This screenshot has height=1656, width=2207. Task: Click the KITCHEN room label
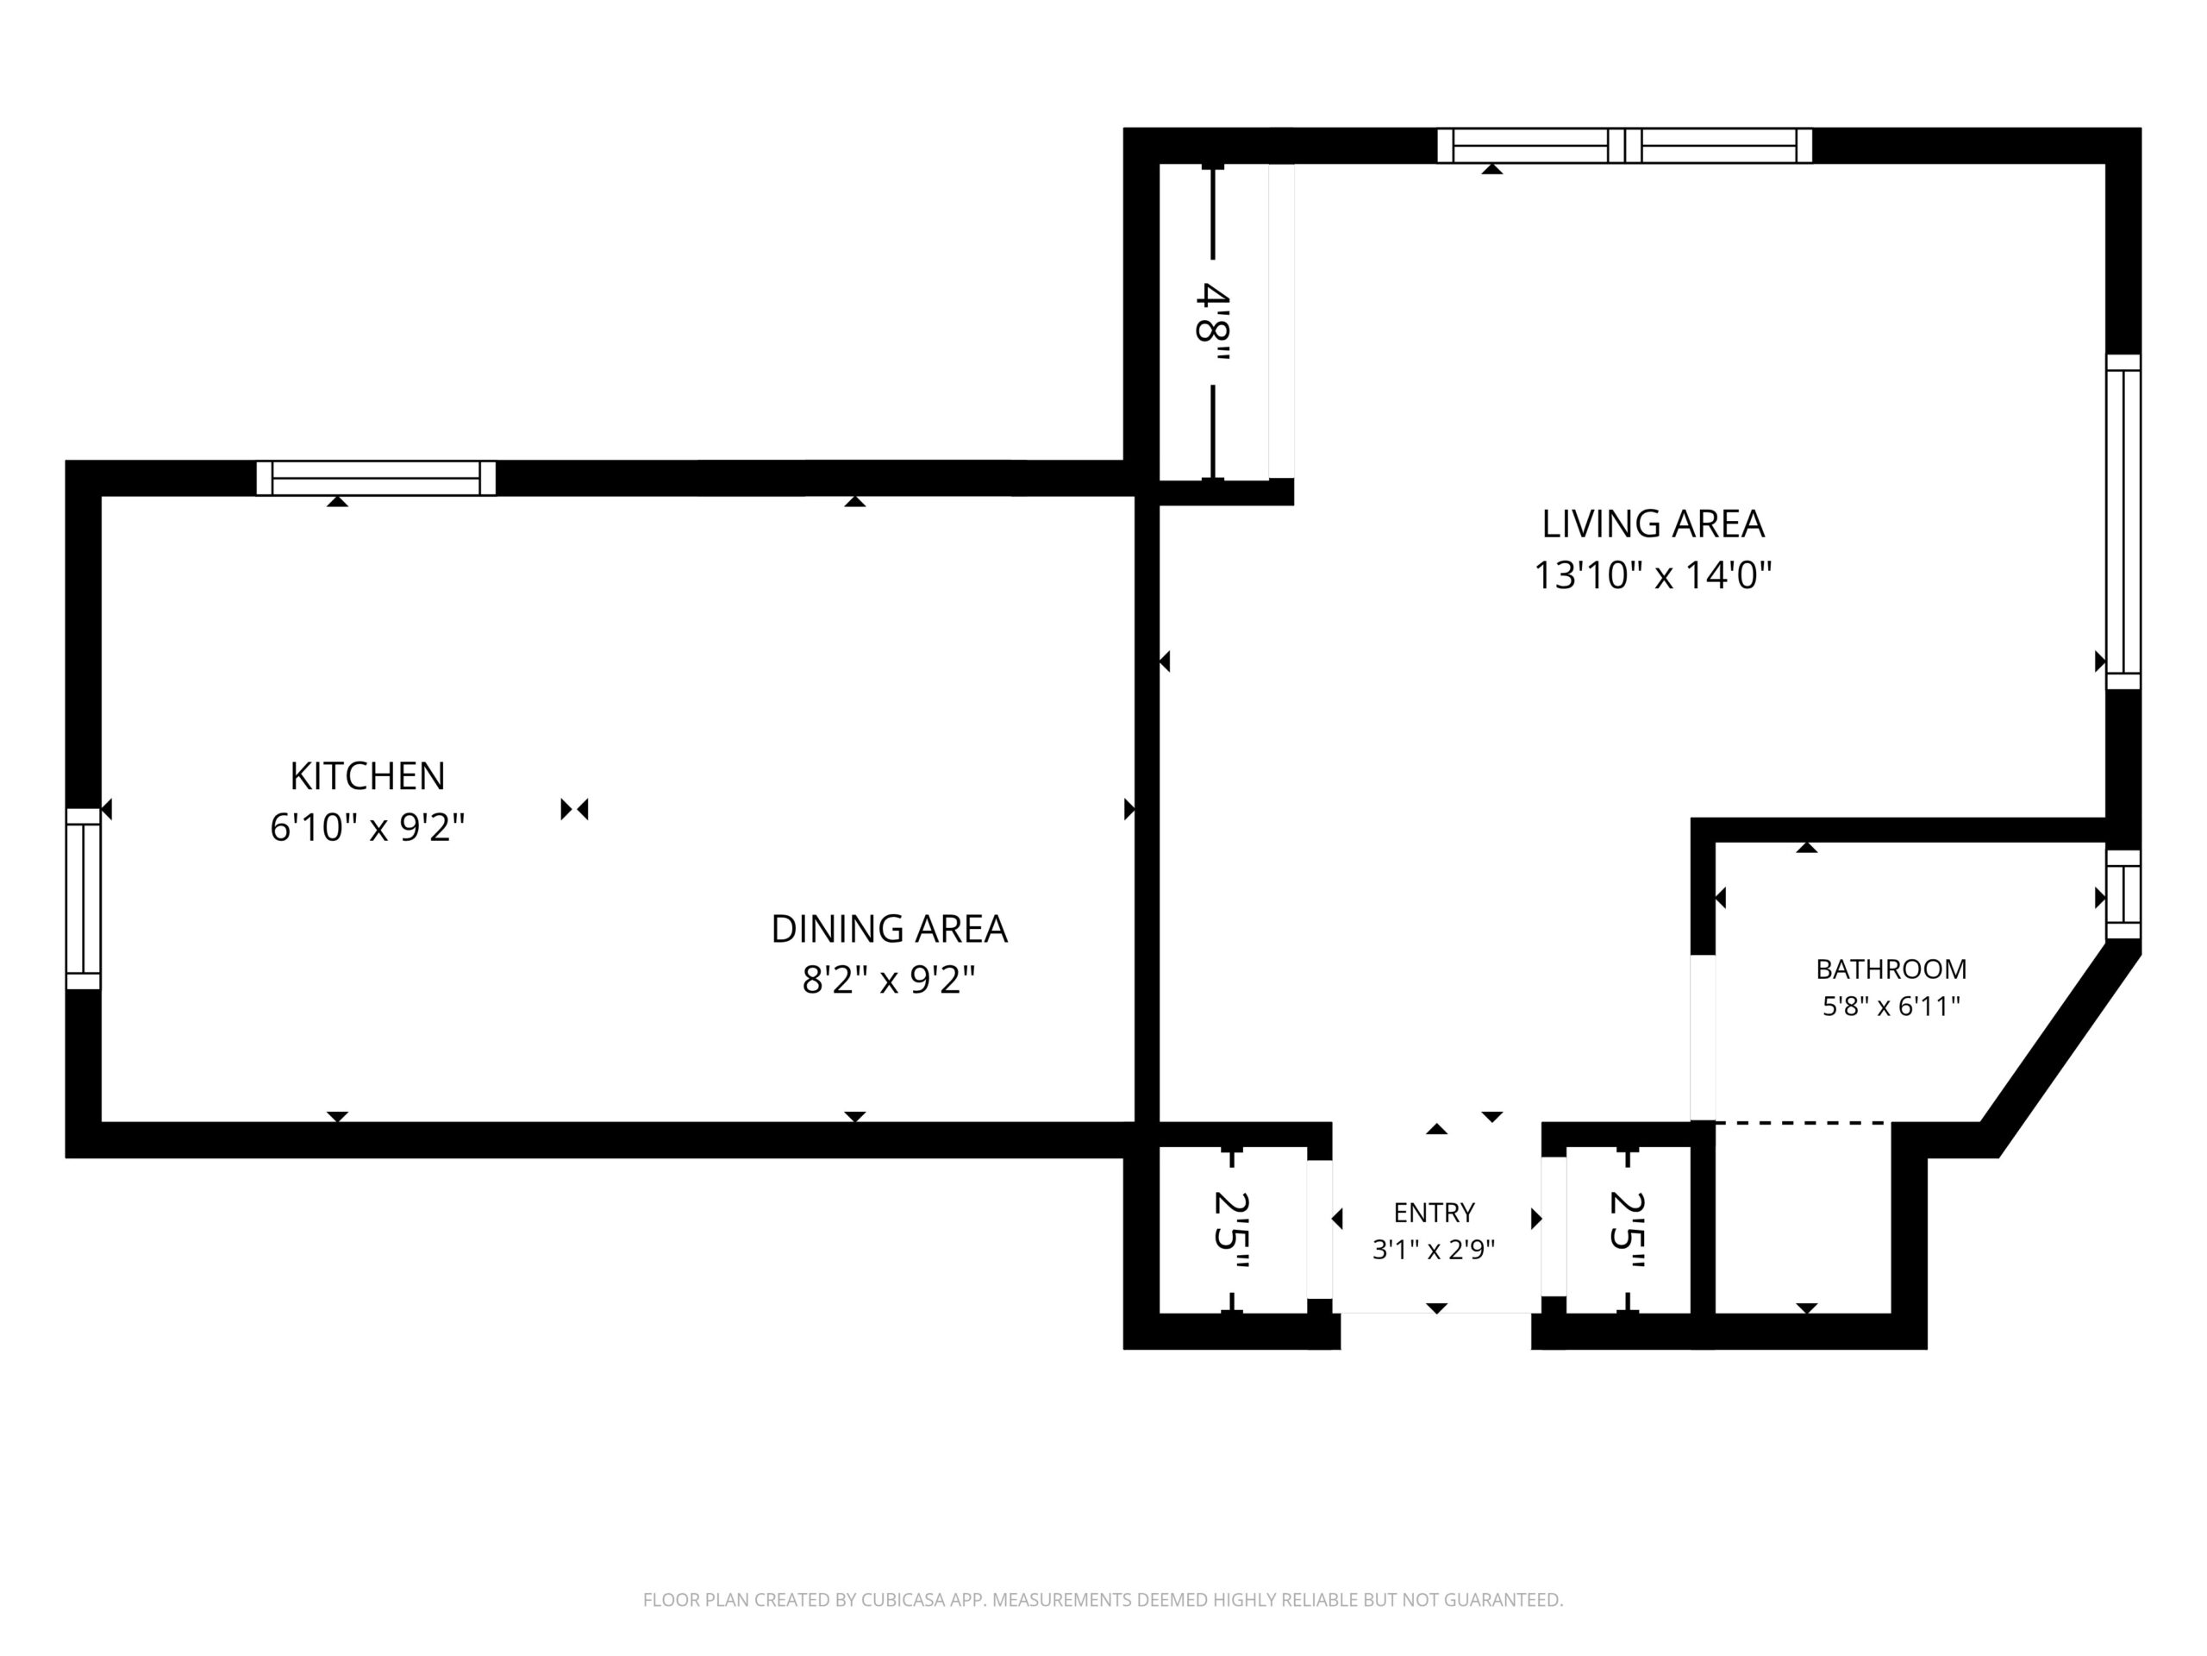point(367,775)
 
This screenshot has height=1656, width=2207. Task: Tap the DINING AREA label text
point(889,928)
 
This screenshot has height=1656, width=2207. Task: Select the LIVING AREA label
point(1654,523)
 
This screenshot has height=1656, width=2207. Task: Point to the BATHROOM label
point(1891,969)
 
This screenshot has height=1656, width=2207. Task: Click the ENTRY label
point(1434,1212)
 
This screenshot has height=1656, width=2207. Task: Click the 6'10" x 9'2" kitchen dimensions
point(367,826)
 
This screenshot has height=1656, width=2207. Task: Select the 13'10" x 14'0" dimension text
point(1653,575)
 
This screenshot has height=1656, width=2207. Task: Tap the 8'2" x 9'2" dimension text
point(888,979)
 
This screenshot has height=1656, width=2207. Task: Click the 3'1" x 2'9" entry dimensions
point(1434,1249)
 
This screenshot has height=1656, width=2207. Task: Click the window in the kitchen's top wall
point(376,478)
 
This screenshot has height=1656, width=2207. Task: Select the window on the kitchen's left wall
point(84,899)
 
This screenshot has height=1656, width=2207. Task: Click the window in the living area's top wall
point(1624,146)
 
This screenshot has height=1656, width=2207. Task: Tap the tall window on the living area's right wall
point(2123,522)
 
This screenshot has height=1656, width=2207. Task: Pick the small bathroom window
point(2123,894)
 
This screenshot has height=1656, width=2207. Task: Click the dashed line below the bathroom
point(1803,1123)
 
